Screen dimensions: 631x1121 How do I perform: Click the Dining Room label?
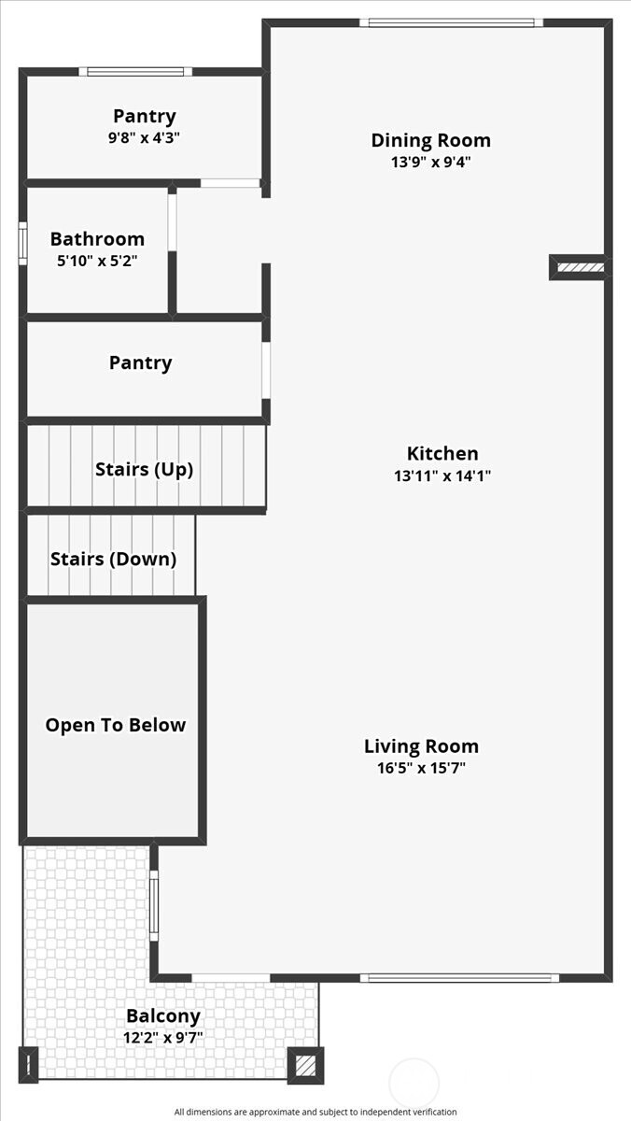(x=430, y=140)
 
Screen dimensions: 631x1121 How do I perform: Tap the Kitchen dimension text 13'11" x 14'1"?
(x=442, y=475)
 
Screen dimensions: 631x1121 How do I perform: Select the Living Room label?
(x=421, y=746)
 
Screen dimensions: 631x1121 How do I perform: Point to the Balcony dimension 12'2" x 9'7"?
(x=163, y=1038)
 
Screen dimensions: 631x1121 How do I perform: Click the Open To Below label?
(x=116, y=725)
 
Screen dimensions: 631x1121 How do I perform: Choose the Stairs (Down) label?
(x=114, y=559)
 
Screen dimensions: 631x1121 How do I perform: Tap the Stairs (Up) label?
(x=144, y=469)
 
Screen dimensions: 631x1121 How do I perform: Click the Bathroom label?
(x=97, y=239)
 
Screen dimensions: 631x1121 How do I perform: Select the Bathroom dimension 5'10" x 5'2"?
(x=97, y=261)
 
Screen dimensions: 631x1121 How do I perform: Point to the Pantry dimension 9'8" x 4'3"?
(x=144, y=137)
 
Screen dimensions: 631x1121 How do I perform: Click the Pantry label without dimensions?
(x=141, y=362)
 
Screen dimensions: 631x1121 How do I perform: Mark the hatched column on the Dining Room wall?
(x=581, y=267)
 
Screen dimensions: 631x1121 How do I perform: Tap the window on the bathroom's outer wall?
(x=22, y=243)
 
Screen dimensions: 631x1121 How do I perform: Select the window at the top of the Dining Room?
(x=452, y=22)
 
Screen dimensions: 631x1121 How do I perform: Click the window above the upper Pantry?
(x=135, y=72)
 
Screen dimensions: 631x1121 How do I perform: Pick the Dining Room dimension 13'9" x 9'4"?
(x=430, y=163)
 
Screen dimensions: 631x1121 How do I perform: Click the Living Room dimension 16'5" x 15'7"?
(x=421, y=768)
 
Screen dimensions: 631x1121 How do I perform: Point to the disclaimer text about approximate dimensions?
(x=315, y=1112)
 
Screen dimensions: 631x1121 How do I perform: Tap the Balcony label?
(x=163, y=1016)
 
